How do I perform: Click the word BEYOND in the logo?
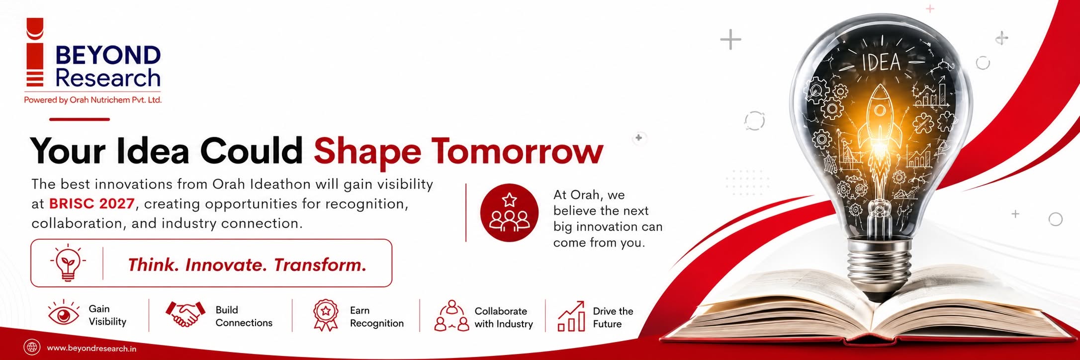tap(108, 55)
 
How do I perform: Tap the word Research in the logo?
tap(108, 78)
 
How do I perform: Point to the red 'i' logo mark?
tap(35, 52)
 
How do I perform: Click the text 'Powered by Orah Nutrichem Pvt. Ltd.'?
tap(93, 100)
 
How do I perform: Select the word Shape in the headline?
tap(367, 152)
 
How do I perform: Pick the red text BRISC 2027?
tap(92, 204)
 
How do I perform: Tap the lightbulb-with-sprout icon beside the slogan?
tap(68, 263)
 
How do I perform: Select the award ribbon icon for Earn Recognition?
tap(326, 315)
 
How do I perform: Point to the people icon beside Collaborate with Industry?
tap(451, 316)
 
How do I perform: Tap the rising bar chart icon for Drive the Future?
tap(571, 316)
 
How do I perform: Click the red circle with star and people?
tap(509, 213)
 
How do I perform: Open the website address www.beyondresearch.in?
tap(91, 349)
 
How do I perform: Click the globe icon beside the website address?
tap(32, 347)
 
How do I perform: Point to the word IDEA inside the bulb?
tap(881, 63)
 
